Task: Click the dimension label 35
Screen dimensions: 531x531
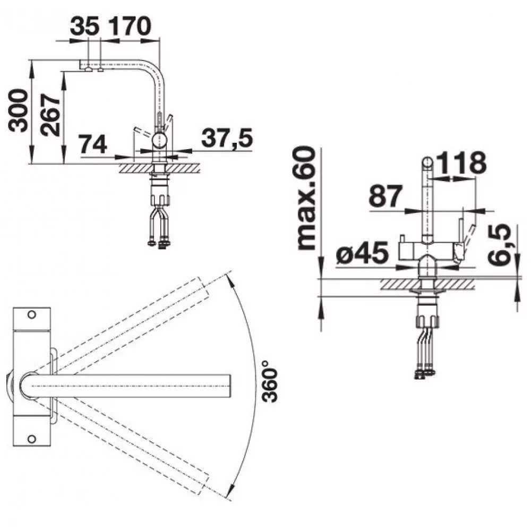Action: pos(84,26)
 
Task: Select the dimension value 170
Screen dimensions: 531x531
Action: pos(130,26)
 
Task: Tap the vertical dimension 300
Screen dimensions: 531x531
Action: pos(18,110)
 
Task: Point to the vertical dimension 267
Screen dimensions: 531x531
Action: pos(49,115)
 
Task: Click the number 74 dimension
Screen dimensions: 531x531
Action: pos(92,144)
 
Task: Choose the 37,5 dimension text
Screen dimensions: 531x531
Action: pos(227,138)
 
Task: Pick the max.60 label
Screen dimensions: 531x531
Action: pos(306,199)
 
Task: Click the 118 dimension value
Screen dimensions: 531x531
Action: pos(461,163)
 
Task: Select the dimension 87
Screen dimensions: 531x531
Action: pos(386,196)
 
